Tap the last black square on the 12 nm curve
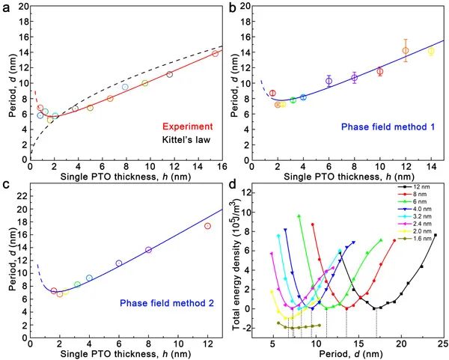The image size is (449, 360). click(x=435, y=235)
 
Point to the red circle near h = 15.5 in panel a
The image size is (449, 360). click(x=215, y=53)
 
